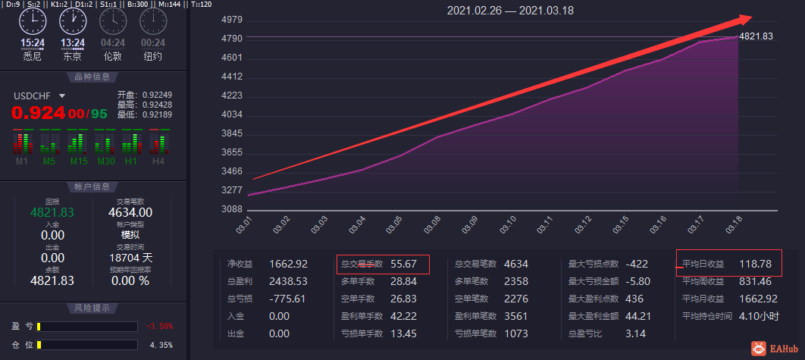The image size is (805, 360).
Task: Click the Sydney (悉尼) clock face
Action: coord(33,21)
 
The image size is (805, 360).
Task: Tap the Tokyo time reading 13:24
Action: coord(73,42)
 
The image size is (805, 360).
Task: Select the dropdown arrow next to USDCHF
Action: coord(62,96)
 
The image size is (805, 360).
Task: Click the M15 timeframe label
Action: coord(79,161)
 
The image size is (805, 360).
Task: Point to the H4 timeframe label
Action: coord(158,161)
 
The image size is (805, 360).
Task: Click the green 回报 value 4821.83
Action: coord(52,213)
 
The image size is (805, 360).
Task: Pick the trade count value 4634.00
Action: coord(130,213)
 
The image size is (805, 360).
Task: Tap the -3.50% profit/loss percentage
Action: coord(159,327)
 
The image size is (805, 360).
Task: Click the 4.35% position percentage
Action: coord(161,345)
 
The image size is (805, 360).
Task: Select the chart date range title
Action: coord(510,11)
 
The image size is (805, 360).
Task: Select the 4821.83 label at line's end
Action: coord(756,36)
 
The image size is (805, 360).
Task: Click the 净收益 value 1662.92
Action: coord(289,265)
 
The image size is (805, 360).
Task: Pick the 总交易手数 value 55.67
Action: coord(403,265)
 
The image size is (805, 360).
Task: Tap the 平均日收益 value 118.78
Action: coord(755,264)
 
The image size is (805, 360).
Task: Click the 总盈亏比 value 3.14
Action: coord(635,333)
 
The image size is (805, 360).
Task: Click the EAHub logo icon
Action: coord(758,349)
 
